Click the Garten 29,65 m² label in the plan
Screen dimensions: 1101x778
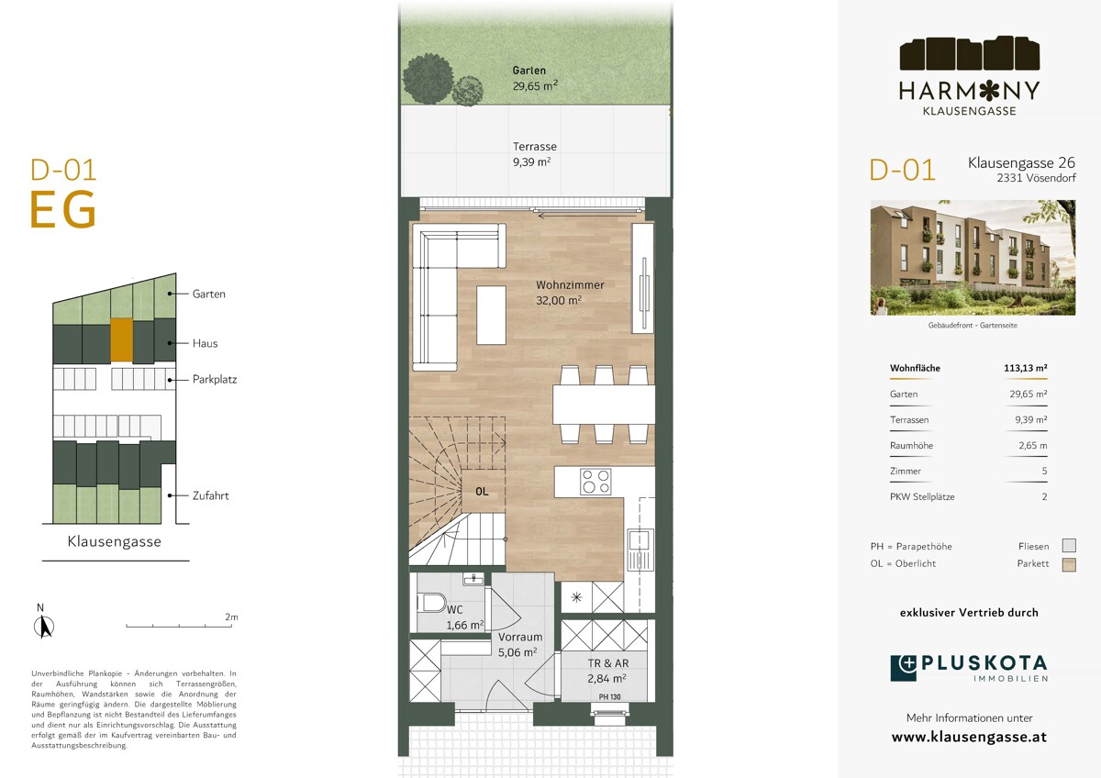(535, 79)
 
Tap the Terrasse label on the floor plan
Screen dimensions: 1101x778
(534, 147)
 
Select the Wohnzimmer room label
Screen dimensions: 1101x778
(570, 285)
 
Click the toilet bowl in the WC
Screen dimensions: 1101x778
(431, 603)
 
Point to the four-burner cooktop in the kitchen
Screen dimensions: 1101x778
(595, 481)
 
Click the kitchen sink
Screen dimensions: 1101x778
(639, 549)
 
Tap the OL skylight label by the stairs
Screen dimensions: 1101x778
(482, 492)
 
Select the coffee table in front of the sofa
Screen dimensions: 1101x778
(491, 316)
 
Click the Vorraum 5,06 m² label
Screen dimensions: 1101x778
(520, 644)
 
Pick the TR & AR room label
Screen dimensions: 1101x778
(608, 663)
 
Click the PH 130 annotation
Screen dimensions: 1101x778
(609, 697)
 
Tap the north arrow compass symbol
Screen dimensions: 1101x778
(44, 627)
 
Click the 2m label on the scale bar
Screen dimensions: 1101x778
(231, 617)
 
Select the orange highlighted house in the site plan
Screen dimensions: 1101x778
(121, 340)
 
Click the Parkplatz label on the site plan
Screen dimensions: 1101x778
(215, 380)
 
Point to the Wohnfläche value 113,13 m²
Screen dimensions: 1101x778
(1026, 368)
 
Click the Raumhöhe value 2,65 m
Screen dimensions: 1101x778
(1033, 445)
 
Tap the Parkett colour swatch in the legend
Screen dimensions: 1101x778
(1069, 565)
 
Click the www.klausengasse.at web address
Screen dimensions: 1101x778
(969, 737)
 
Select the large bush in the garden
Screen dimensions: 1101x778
(428, 79)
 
